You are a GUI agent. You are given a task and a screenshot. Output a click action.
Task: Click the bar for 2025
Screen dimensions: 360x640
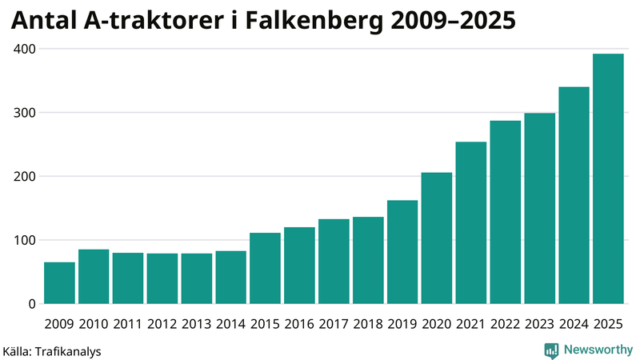608,179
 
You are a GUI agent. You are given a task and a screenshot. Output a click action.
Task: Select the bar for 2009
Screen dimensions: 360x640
59,283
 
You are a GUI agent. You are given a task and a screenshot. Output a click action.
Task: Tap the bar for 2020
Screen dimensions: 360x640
437,238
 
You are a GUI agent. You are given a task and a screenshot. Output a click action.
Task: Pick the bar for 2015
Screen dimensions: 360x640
265,269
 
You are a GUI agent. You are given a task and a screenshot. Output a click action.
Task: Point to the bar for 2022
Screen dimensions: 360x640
506,213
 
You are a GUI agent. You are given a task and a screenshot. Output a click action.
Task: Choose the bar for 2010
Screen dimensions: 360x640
94,277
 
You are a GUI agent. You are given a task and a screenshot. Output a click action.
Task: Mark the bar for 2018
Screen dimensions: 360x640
368,261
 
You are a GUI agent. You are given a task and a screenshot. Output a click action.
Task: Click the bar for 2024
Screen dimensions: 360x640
574,195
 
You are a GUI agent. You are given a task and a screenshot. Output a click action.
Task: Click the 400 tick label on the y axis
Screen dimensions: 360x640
24,49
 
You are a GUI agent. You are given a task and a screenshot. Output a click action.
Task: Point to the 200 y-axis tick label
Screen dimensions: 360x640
24,176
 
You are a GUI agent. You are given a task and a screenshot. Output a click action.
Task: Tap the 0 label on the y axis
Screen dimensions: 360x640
32,304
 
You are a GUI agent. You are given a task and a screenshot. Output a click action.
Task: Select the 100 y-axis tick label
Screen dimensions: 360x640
24,240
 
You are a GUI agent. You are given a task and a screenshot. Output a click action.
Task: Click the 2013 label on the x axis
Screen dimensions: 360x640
196,324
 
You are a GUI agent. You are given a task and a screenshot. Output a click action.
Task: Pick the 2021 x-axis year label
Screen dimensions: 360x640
471,324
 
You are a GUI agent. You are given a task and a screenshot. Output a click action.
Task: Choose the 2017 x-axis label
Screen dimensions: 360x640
334,324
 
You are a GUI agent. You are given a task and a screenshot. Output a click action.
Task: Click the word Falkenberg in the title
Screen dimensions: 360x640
324,22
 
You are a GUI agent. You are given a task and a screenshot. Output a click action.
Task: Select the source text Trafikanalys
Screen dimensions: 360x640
68,350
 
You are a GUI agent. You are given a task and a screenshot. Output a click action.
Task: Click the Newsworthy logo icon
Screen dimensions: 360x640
552,350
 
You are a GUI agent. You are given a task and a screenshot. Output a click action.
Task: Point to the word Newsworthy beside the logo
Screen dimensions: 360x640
598,350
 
